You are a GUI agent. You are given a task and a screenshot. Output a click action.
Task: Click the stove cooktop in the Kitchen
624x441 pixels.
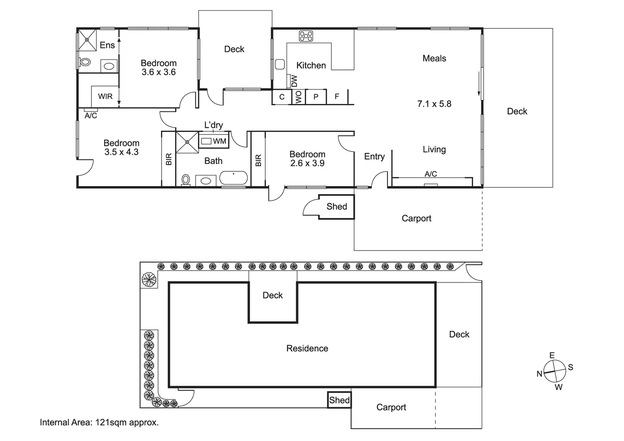coord(306,36)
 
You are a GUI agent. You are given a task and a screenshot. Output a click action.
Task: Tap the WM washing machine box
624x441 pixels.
coord(215,141)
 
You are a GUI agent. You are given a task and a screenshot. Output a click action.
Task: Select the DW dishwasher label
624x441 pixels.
coord(294,81)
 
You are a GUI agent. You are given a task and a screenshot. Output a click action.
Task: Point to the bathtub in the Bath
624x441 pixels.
coord(233,178)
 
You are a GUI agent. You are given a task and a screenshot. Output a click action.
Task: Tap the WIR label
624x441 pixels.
coord(105,96)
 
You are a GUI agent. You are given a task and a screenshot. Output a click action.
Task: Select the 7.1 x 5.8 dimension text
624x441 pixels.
coord(434,104)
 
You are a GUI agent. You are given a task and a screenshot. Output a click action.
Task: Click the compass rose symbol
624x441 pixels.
coord(555,371)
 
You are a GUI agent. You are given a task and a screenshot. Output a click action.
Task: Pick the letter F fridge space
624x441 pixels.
coord(337,97)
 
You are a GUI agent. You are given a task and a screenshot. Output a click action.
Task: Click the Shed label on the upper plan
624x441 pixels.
coord(337,207)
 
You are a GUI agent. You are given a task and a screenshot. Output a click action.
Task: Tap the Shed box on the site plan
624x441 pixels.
coord(340,400)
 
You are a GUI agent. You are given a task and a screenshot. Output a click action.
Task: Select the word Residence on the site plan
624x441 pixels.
coord(307,349)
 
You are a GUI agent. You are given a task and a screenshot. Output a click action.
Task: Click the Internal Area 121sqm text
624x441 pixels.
coord(99,422)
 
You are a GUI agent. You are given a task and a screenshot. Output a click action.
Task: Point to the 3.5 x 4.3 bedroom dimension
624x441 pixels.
coord(121,152)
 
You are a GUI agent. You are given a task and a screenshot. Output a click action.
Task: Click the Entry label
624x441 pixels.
coord(374,156)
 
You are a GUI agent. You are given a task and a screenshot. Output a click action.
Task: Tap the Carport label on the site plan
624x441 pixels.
coord(391,408)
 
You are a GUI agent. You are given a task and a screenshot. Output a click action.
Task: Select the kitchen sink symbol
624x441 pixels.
coord(279,64)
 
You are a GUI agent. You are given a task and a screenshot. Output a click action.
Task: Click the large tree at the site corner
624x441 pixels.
coord(149,279)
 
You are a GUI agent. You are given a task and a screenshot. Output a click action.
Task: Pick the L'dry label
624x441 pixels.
coord(213,125)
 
